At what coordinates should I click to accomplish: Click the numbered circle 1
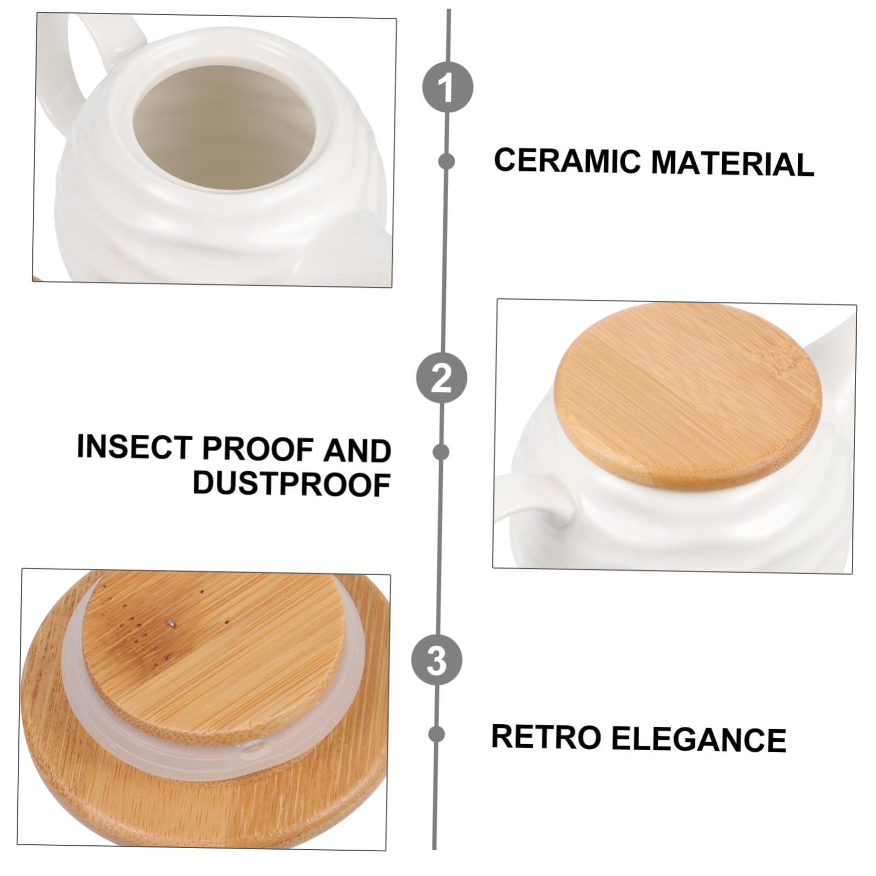[447, 87]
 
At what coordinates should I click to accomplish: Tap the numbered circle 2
[442, 378]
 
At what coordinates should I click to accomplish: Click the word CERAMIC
[569, 161]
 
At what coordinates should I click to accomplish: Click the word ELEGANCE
[699, 739]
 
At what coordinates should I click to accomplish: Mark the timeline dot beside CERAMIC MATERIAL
[447, 161]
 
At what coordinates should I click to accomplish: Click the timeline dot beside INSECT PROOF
[442, 452]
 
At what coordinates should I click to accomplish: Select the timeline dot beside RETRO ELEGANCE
[437, 734]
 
